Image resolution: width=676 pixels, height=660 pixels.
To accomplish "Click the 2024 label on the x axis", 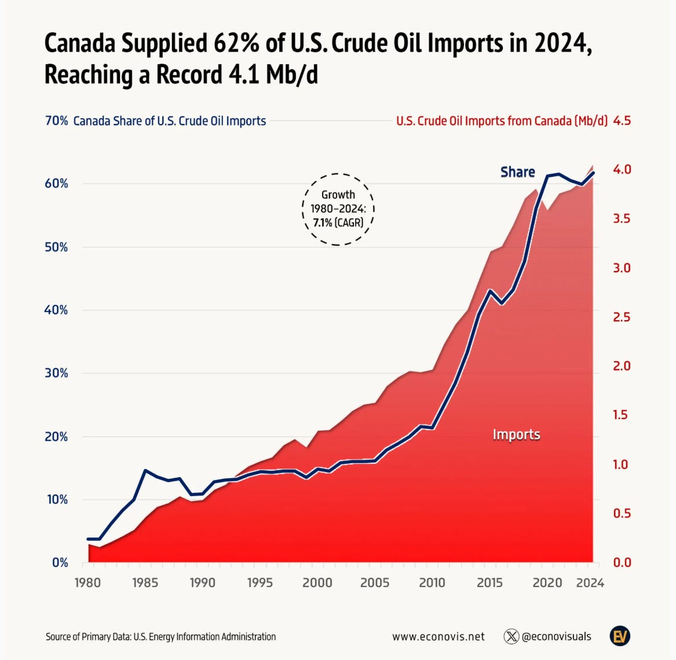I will (x=590, y=582).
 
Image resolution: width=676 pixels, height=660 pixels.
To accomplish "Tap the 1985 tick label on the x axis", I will (x=145, y=582).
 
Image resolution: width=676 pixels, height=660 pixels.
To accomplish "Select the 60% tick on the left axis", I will (x=57, y=184).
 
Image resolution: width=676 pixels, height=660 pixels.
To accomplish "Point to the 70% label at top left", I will (x=57, y=121).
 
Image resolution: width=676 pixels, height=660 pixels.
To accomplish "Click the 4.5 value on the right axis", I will (x=622, y=121).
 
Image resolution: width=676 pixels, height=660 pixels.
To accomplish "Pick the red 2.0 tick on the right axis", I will (x=622, y=366).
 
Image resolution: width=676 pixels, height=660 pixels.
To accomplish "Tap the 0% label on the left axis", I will (x=60, y=562).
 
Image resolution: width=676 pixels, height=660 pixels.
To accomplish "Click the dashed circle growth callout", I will (x=338, y=208).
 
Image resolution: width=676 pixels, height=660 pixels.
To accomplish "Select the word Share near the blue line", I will (x=517, y=172).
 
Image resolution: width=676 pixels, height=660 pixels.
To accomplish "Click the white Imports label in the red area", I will (x=516, y=434).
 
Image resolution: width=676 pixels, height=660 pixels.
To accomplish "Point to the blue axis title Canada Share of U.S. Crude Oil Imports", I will (x=170, y=121).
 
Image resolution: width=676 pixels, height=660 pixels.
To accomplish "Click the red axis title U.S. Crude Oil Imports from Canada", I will (x=502, y=121).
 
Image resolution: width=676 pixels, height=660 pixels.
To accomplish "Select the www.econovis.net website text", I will (x=438, y=636).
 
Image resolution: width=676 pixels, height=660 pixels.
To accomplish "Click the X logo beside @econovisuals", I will (x=511, y=636).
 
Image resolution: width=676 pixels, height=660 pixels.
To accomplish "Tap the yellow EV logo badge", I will (x=620, y=636).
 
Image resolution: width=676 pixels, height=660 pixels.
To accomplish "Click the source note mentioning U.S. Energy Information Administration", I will (x=160, y=636).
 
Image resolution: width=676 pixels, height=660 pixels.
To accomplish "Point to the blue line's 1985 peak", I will (x=145, y=471).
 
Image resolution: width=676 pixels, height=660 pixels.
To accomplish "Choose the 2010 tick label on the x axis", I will (x=432, y=582).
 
